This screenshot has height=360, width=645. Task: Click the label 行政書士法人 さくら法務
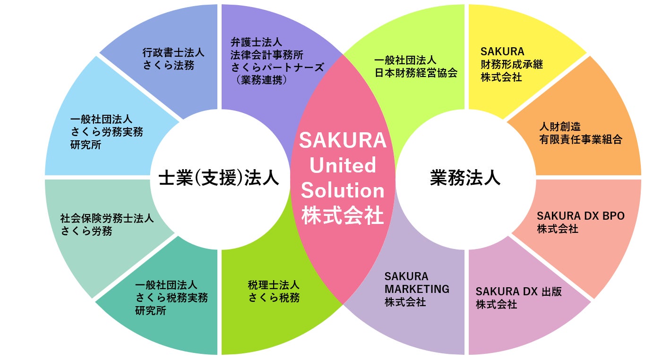tap(173, 59)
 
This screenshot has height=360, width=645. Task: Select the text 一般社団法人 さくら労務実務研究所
tap(106, 132)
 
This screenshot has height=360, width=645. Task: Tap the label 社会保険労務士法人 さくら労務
tap(107, 224)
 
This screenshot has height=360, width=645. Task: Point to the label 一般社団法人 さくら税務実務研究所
tap(171, 298)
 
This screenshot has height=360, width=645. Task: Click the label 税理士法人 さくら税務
tap(274, 291)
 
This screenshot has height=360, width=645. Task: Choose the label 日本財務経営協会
tap(416, 73)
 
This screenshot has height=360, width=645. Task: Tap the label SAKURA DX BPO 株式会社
tap(580, 222)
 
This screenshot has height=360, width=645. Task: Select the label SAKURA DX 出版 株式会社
tap(519, 298)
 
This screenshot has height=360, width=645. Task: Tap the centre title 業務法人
tap(465, 178)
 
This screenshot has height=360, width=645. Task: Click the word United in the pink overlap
tap(343, 165)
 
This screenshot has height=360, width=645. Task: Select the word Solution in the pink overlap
tap(343, 190)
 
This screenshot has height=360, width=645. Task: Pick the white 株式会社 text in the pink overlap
tap(343, 215)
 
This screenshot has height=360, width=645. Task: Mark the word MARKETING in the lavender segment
tap(417, 289)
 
